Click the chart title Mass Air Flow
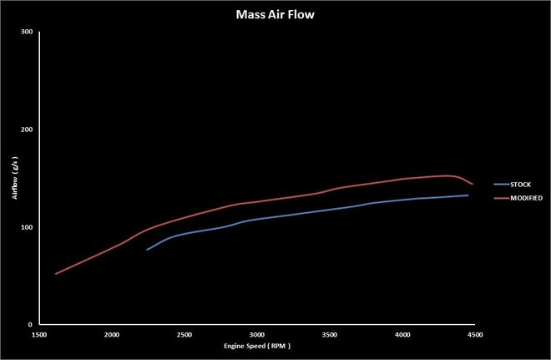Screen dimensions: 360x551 click(x=275, y=13)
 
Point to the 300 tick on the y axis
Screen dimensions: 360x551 click(x=27, y=33)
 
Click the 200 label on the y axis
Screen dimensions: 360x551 click(x=27, y=129)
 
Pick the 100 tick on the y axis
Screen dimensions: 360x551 click(x=27, y=227)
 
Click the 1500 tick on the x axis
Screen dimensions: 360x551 click(x=38, y=334)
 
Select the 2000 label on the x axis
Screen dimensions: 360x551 click(x=111, y=334)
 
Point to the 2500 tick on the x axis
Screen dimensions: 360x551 click(x=184, y=334)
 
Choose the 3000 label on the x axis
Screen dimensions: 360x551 click(x=256, y=334)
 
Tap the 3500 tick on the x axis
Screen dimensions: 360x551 click(x=329, y=334)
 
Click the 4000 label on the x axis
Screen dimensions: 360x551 click(x=402, y=334)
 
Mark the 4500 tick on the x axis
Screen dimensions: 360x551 click(x=474, y=334)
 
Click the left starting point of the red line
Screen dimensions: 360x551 click(x=55, y=274)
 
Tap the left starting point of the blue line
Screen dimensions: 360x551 click(x=147, y=250)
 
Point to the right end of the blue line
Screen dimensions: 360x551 click(x=468, y=195)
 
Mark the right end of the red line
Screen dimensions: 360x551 click(x=473, y=184)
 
